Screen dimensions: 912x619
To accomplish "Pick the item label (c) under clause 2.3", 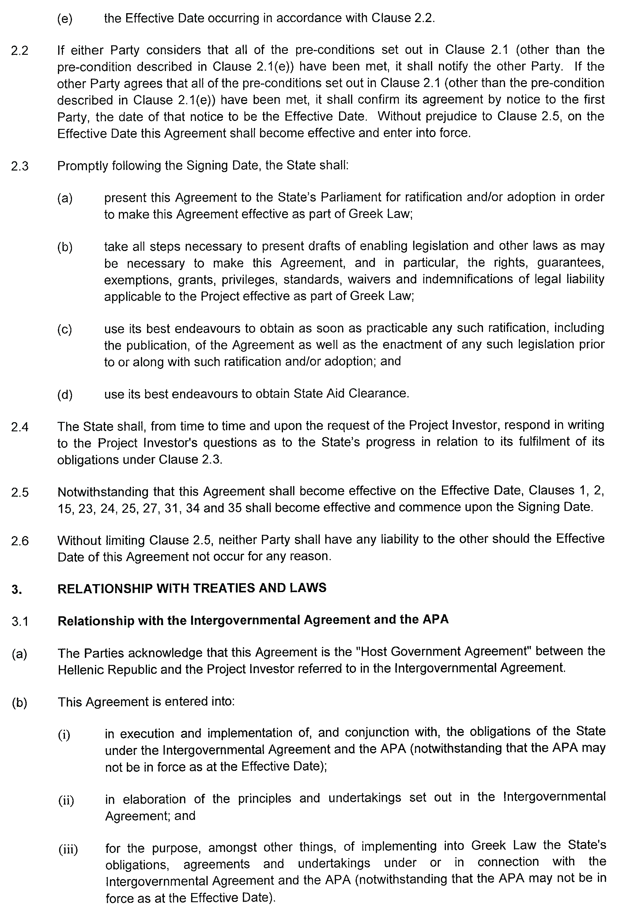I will pyautogui.click(x=65, y=329).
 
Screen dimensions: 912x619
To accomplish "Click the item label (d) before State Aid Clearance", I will pyautogui.click(x=65, y=394).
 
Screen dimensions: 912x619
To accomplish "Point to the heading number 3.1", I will pyautogui.click(x=20, y=621).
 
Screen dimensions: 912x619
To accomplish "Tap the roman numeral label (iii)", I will pyautogui.click(x=68, y=850).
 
